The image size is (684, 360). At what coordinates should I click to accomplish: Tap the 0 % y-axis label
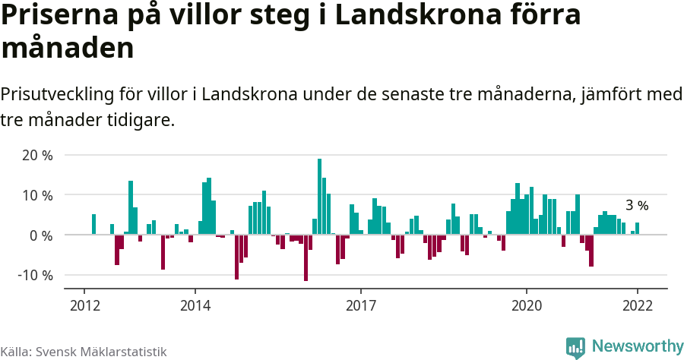(x=41, y=235)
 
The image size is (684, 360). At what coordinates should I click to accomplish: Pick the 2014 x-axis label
(x=195, y=305)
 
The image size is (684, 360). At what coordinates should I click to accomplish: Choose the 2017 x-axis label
(x=360, y=305)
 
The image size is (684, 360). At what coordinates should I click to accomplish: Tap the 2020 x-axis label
(x=527, y=305)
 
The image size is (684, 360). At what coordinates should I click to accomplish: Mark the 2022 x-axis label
(x=637, y=305)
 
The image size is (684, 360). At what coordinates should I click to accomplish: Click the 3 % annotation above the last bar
(x=637, y=205)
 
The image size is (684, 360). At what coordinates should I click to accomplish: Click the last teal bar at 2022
(x=637, y=229)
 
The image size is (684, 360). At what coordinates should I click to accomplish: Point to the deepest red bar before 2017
(x=306, y=258)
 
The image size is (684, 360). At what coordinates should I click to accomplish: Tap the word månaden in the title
(x=68, y=49)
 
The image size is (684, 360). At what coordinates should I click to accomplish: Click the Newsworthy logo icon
(x=575, y=346)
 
